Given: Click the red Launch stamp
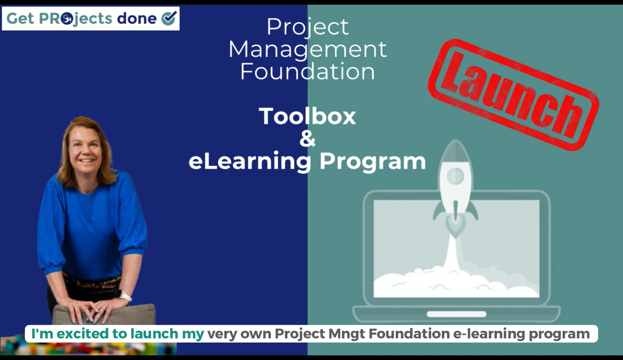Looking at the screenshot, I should [513, 94].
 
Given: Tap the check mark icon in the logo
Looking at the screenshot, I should [169, 18].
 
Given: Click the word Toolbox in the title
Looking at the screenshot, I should [307, 116].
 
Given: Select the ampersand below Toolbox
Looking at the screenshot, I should [307, 138].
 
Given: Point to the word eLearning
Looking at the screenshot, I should [250, 161].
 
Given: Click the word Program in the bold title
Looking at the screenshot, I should [372, 161].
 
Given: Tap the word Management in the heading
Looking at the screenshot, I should [307, 50].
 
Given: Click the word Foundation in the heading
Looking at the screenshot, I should [307, 71].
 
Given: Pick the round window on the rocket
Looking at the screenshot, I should [455, 175].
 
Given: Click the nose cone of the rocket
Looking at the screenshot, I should [455, 148].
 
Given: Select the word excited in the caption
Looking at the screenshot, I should [82, 334].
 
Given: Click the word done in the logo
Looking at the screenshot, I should [136, 18].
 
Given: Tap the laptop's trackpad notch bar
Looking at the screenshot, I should [456, 314].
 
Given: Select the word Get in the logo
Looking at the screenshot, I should [20, 18].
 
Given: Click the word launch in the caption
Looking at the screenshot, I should [154, 334].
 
